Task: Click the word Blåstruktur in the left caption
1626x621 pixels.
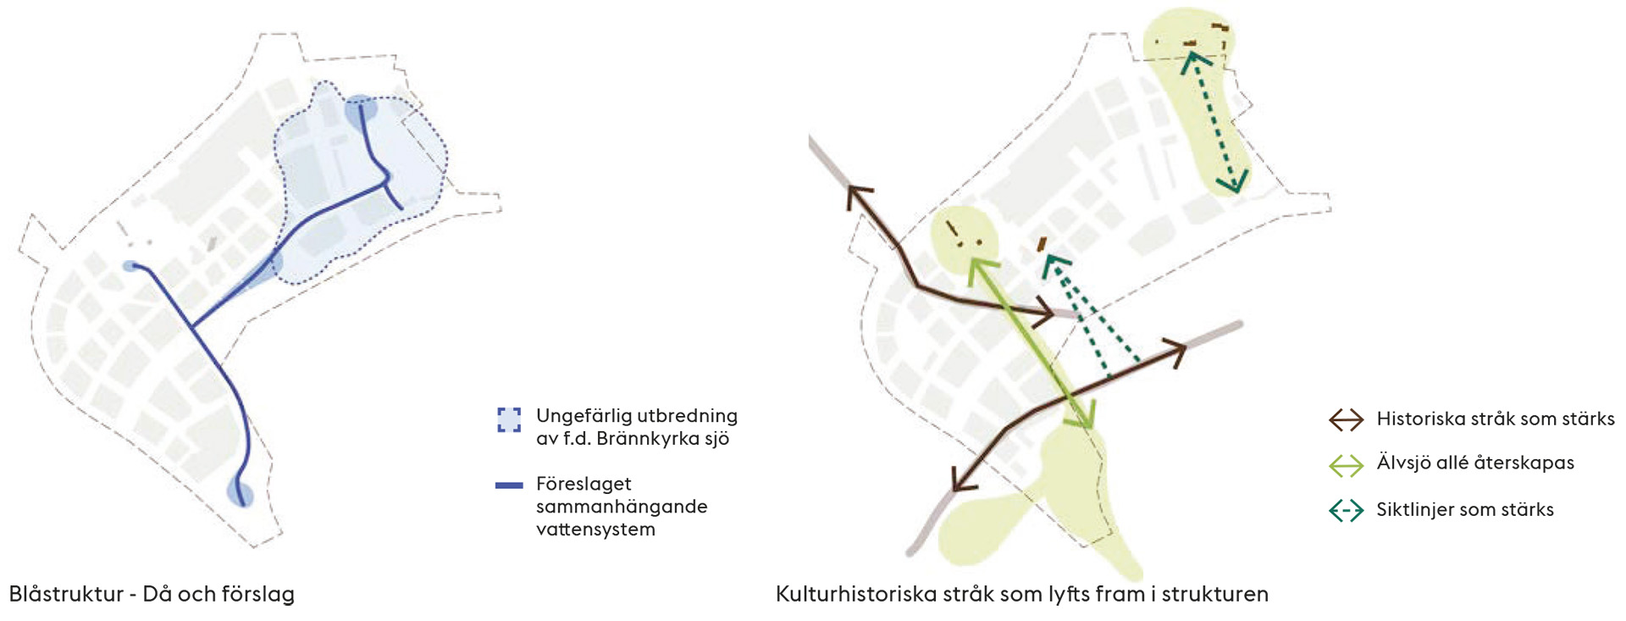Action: [66, 594]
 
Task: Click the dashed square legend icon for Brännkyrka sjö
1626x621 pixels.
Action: [509, 420]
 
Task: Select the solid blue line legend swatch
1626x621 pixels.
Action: [509, 485]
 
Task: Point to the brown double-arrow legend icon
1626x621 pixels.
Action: [1346, 419]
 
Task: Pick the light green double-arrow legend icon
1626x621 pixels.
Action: [1346, 465]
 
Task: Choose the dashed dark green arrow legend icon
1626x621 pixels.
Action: [1346, 511]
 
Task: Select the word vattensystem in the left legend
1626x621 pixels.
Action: [595, 530]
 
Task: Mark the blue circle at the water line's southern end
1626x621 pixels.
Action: [241, 492]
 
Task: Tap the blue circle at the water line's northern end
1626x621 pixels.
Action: [360, 110]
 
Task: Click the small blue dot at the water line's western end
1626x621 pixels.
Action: [130, 266]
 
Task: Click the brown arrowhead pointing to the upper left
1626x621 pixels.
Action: [857, 196]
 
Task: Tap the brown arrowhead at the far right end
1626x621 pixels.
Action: [1175, 350]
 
